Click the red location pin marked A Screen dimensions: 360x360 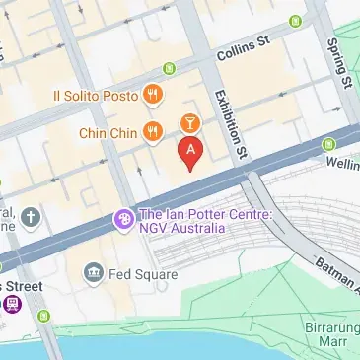point(189,151)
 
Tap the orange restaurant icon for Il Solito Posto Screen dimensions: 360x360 point(152,95)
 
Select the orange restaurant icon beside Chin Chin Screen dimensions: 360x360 point(152,130)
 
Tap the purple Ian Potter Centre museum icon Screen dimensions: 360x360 point(124,218)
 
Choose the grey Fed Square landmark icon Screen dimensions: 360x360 point(94,271)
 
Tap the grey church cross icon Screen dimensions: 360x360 point(32,216)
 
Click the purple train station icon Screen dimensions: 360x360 point(12,304)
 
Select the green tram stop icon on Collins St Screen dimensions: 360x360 point(169,68)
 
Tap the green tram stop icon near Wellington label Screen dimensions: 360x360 point(329,147)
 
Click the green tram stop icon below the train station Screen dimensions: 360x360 point(43,316)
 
